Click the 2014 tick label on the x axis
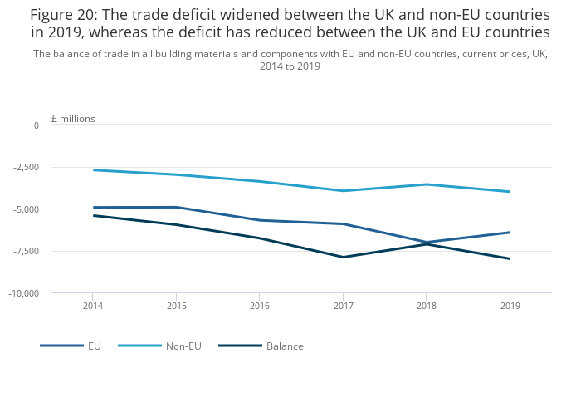[x=92, y=306]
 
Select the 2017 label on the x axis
[x=343, y=306]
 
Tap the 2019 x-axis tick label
[x=510, y=306]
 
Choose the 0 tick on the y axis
[x=37, y=125]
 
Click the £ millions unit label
[x=73, y=119]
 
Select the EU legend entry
[x=95, y=346]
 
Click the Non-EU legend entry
[x=183, y=346]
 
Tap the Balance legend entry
[x=285, y=346]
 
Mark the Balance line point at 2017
[x=343, y=257]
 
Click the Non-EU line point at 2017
[x=343, y=191]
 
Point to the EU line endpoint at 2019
[x=510, y=233]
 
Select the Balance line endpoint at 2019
[x=510, y=258]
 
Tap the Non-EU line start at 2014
[x=93, y=170]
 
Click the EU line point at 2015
[x=176, y=207]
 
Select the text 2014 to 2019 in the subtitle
[x=290, y=66]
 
